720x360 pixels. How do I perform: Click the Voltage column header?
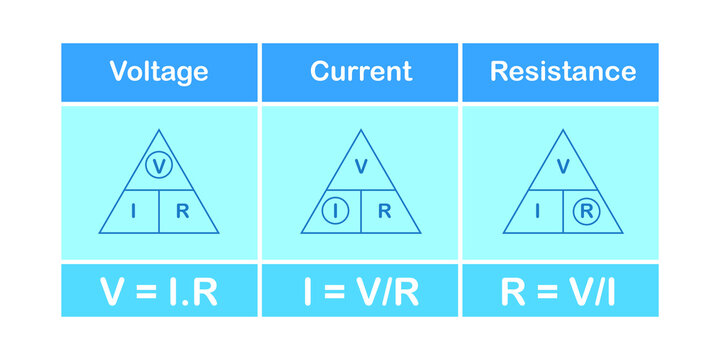[x=159, y=72]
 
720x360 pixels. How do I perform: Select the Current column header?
[x=360, y=72]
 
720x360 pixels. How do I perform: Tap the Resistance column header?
[x=561, y=72]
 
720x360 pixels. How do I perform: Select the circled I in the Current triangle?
[x=337, y=211]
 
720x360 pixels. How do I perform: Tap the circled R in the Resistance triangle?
[x=585, y=211]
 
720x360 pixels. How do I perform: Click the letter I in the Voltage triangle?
[x=135, y=211]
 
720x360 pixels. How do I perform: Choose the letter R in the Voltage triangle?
[x=182, y=211]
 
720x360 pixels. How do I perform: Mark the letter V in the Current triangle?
[x=360, y=166]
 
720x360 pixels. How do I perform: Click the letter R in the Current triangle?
[x=384, y=211]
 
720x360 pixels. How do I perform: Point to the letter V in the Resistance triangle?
[x=562, y=166]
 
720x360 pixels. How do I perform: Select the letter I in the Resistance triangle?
[x=538, y=211]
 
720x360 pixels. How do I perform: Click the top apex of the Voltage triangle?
[x=159, y=129]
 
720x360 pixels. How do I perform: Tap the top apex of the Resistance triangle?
[x=562, y=129]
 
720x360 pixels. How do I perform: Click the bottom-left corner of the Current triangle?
[x=299, y=233]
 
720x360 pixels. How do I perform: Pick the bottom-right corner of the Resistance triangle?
[x=622, y=233]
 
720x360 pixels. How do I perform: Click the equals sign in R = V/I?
[x=536, y=291]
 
